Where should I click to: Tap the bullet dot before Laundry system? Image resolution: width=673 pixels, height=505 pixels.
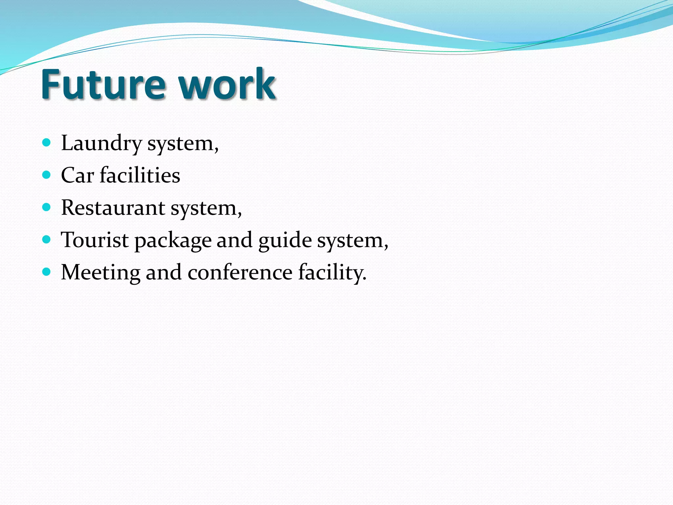47,142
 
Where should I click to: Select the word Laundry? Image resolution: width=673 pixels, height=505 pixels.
101,144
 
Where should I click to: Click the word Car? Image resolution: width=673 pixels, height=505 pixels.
78,175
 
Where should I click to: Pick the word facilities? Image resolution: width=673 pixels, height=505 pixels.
140,175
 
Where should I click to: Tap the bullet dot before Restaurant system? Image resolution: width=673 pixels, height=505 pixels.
47,207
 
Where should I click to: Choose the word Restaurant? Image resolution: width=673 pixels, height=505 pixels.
113,208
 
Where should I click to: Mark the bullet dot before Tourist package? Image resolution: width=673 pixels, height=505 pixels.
47,239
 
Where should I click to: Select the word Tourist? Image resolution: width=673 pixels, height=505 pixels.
95,240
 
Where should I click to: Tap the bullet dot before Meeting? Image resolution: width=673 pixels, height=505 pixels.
47,271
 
